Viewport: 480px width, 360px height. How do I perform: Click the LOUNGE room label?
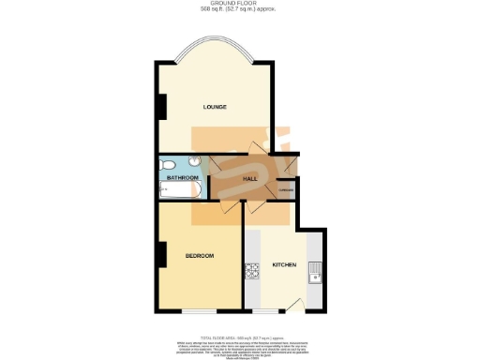pos(216,107)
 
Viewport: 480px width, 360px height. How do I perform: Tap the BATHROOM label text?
pos(182,177)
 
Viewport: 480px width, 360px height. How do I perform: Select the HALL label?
pos(250,177)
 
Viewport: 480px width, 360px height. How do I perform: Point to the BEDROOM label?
pos(199,256)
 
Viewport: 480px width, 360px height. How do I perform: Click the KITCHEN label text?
pos(284,265)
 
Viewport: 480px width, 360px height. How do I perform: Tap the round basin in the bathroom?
pos(191,160)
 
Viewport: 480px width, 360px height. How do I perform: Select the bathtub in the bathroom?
pos(180,192)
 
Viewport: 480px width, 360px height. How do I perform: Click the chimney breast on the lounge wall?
pos(161,106)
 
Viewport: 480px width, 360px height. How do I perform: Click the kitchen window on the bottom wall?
pos(266,310)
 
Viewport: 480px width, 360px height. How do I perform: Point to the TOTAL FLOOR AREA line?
pos(240,335)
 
